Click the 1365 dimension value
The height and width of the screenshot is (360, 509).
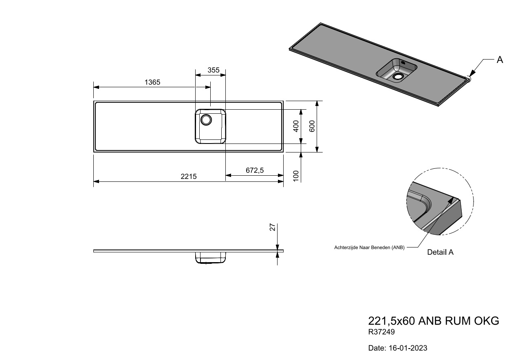tap(152, 82)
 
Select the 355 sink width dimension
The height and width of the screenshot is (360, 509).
tap(214, 70)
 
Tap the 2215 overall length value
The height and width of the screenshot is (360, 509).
tap(188, 177)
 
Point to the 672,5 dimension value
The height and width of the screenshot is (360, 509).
tap(254, 170)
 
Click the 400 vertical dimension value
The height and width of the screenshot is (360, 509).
tap(296, 126)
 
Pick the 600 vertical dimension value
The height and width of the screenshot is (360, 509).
tap(312, 126)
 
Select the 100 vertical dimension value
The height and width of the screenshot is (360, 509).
tap(296, 176)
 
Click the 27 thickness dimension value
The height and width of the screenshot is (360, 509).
tap(273, 227)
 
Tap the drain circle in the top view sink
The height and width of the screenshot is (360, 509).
tap(206, 119)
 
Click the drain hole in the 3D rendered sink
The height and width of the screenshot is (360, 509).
tap(397, 76)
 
